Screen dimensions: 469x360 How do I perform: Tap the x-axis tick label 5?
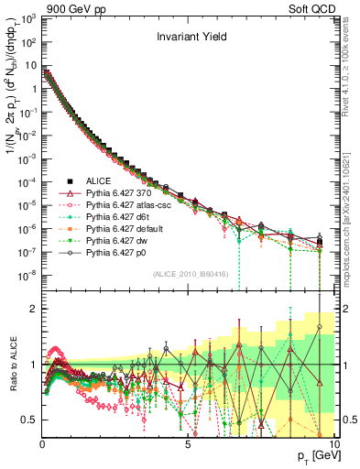[x=187, y=443]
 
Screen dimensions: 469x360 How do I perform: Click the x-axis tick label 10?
[x=332, y=443]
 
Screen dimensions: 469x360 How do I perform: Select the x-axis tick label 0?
[x=42, y=443]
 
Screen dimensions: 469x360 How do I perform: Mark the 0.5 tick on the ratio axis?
[x=30, y=420]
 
